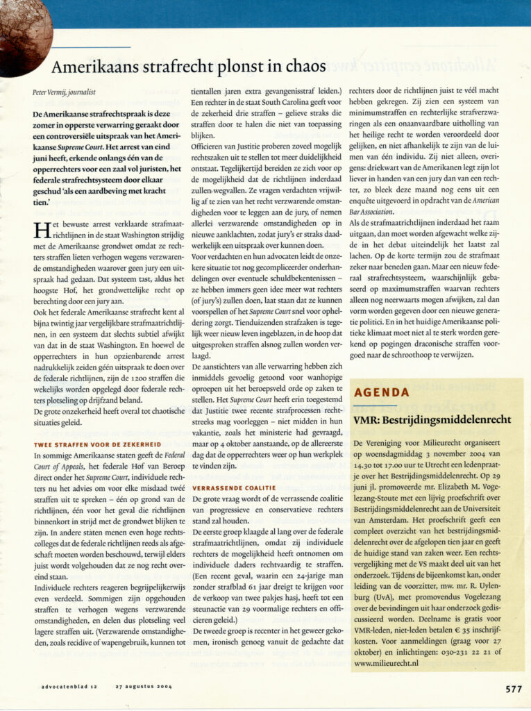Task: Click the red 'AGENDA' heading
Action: [381, 393]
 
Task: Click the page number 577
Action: [513, 689]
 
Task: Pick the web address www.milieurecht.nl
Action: [385, 663]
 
